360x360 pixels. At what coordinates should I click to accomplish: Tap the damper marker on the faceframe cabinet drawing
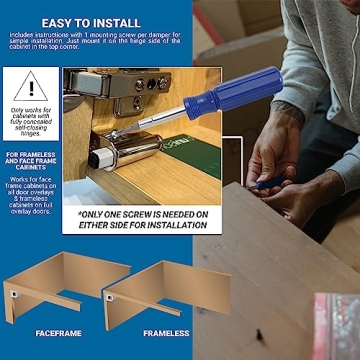[19, 295]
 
